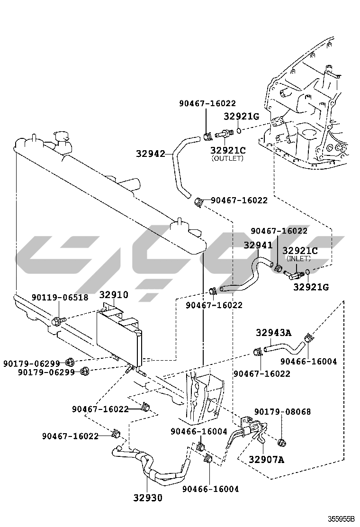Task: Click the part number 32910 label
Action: coord(113,295)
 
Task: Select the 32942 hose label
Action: coord(151,154)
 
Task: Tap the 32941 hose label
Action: coord(258,245)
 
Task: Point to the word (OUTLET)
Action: coord(227,158)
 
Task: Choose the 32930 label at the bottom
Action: coord(147,498)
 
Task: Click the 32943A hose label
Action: coord(273,332)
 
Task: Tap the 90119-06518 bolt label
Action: coord(60,298)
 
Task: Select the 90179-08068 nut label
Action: coord(283,411)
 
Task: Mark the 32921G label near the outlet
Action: coord(242,116)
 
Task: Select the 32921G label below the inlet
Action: coord(311,286)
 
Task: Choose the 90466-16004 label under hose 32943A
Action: coord(308,361)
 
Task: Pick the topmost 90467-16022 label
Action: coord(207,103)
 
